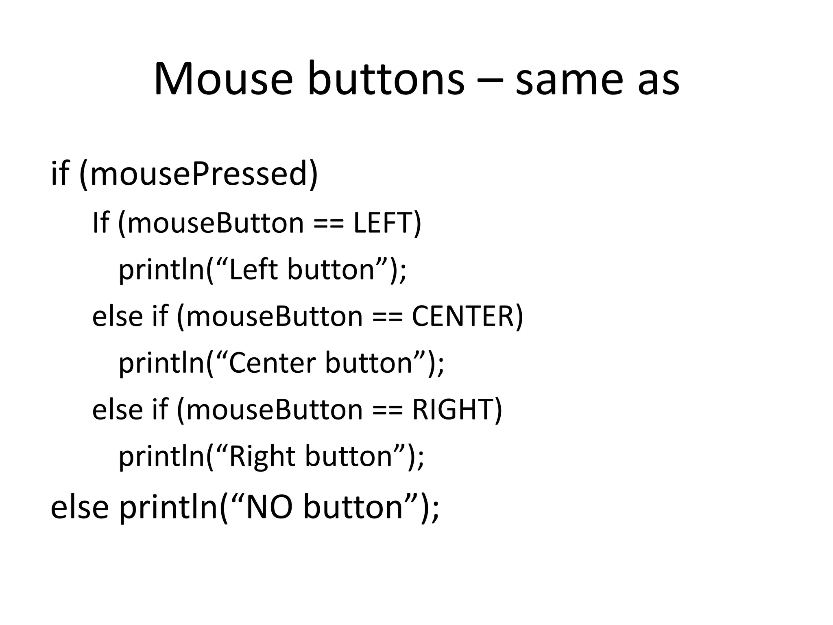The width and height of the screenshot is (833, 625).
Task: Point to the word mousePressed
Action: (x=198, y=174)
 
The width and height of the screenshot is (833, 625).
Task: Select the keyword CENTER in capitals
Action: (x=463, y=316)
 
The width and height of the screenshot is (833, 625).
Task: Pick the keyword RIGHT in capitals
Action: (x=453, y=409)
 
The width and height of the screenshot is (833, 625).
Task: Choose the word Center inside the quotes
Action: (x=273, y=363)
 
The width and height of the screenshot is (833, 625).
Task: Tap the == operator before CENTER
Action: (x=387, y=317)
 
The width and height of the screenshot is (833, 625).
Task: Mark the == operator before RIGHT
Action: (x=387, y=410)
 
